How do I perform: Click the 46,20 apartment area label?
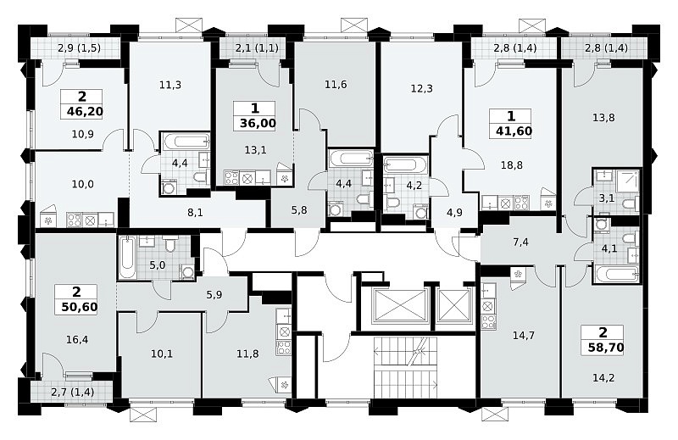click(x=86, y=112)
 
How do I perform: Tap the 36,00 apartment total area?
click(x=258, y=123)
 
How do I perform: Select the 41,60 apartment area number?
click(x=514, y=131)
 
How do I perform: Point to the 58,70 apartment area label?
click(x=606, y=347)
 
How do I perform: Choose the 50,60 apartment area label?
click(x=80, y=307)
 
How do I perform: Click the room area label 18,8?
click(x=512, y=164)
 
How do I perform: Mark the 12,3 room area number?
click(x=421, y=89)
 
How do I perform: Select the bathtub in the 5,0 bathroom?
click(x=128, y=257)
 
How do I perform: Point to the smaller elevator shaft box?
click(x=454, y=306)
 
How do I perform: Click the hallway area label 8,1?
click(x=196, y=213)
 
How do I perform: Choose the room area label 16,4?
click(x=77, y=340)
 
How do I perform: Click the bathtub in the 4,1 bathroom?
click(x=617, y=274)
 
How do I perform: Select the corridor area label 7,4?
click(x=520, y=242)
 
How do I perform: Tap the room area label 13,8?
click(x=603, y=117)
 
